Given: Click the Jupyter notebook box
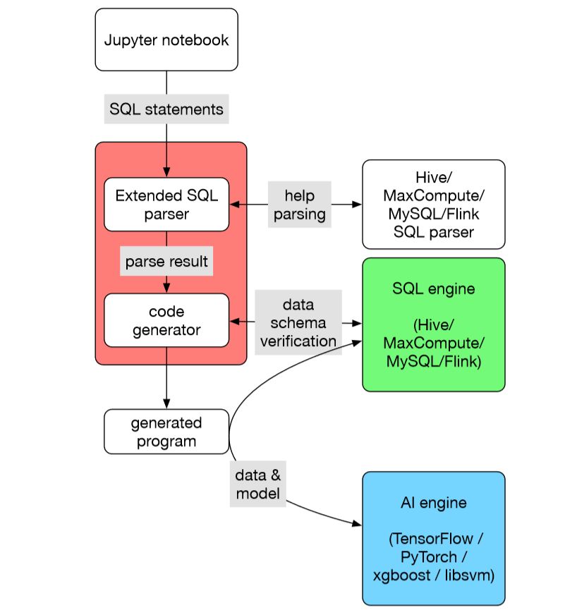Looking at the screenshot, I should [166, 39].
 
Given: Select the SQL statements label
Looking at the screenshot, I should [166, 109].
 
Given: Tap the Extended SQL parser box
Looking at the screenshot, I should [166, 204].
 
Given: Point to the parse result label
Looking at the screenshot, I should [166, 262].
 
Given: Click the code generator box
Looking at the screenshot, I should [166, 320].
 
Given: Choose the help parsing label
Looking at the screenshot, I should [299, 205].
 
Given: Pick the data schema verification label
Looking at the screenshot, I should [298, 322].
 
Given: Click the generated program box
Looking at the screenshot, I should [166, 432].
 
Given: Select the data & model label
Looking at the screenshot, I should [258, 484].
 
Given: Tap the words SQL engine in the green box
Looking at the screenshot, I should [434, 289].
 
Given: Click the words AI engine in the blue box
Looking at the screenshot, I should [434, 504].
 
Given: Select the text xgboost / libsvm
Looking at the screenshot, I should [434, 575].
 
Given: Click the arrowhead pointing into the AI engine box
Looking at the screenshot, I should [357, 523].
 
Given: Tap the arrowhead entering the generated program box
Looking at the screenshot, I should [166, 405].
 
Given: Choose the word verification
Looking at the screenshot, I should [298, 341].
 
